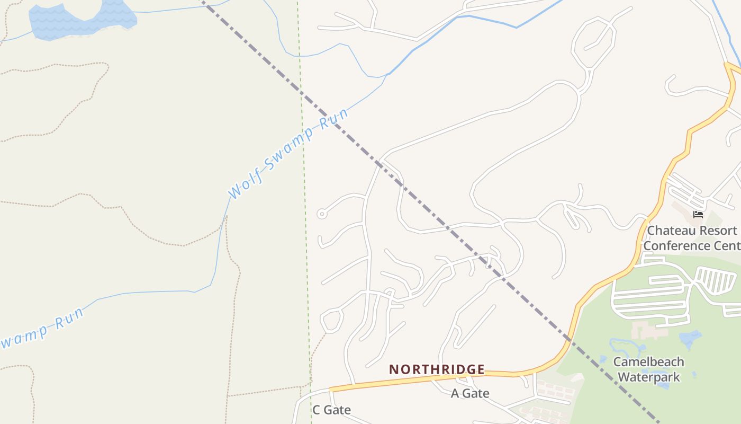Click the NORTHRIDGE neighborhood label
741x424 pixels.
coord(437,369)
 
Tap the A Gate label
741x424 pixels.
coord(470,393)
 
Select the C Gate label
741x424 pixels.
coord(331,410)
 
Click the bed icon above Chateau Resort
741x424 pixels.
coord(698,214)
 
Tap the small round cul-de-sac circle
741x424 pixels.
coord(321,214)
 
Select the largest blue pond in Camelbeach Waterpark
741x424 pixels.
coord(690,339)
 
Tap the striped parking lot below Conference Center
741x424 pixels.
coord(716,280)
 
